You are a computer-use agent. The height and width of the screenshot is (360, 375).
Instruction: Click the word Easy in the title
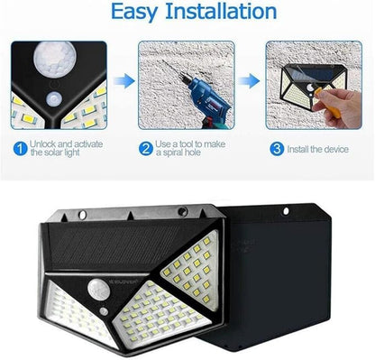(x=134, y=12)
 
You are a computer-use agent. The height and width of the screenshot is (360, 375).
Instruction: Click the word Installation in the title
(x=221, y=11)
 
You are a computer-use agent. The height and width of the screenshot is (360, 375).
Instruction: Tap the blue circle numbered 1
(x=20, y=149)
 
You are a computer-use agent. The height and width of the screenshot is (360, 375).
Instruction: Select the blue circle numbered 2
(x=146, y=149)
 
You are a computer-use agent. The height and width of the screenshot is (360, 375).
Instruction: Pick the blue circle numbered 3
(x=277, y=149)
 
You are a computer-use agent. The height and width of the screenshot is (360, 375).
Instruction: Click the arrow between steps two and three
(x=249, y=80)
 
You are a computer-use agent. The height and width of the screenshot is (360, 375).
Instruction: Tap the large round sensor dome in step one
(x=55, y=57)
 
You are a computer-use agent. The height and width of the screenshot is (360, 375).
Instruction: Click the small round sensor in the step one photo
(x=54, y=99)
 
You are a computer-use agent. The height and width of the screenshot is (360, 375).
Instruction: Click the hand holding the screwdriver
(x=338, y=106)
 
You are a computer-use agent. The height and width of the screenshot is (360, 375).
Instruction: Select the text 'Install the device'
(x=318, y=150)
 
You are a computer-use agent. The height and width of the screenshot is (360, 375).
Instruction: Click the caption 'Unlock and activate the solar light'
(x=67, y=148)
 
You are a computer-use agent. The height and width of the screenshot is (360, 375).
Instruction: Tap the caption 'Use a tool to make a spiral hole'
(x=190, y=148)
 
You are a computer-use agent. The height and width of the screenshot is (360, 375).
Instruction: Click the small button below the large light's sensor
(x=104, y=311)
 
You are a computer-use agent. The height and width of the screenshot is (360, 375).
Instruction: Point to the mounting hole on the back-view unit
(x=286, y=211)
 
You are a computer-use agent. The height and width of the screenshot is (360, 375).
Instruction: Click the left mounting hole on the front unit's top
(x=82, y=215)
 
